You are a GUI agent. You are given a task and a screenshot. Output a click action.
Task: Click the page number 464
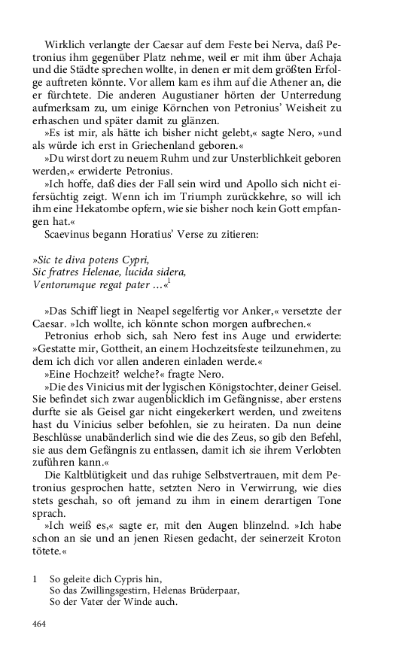point(39,624)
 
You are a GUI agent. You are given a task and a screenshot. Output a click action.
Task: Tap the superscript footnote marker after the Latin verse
point(169,280)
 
